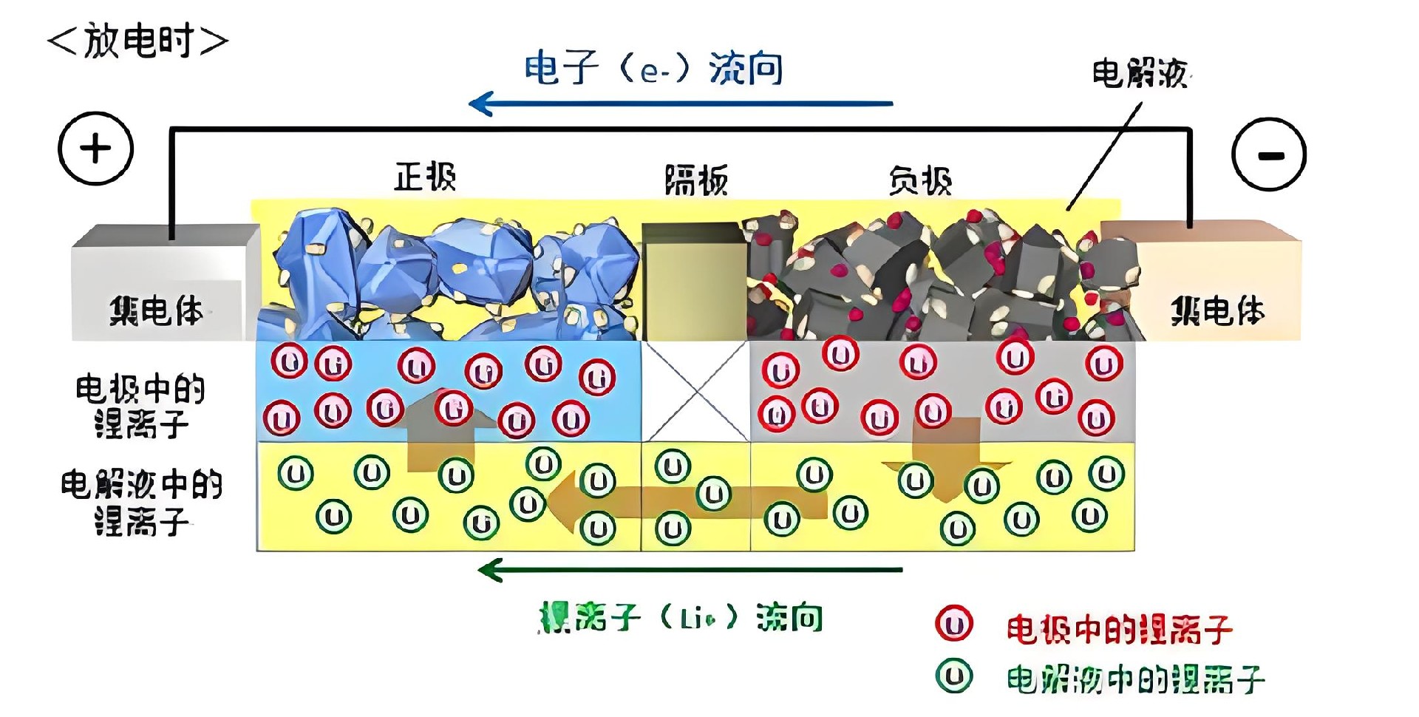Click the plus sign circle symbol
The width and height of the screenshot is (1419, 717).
[95, 149]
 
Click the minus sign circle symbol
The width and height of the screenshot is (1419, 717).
[1269, 154]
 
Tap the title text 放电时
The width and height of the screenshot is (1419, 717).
[138, 41]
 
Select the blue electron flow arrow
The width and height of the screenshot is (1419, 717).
[680, 103]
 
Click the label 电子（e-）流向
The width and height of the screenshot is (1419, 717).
[653, 69]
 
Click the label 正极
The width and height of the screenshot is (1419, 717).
[425, 177]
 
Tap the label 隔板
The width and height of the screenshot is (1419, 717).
[696, 180]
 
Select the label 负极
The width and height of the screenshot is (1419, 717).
[920, 180]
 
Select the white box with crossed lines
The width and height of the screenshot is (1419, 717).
[695, 391]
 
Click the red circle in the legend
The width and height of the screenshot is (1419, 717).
[953, 625]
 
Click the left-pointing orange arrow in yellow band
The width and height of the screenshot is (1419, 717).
[687, 503]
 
